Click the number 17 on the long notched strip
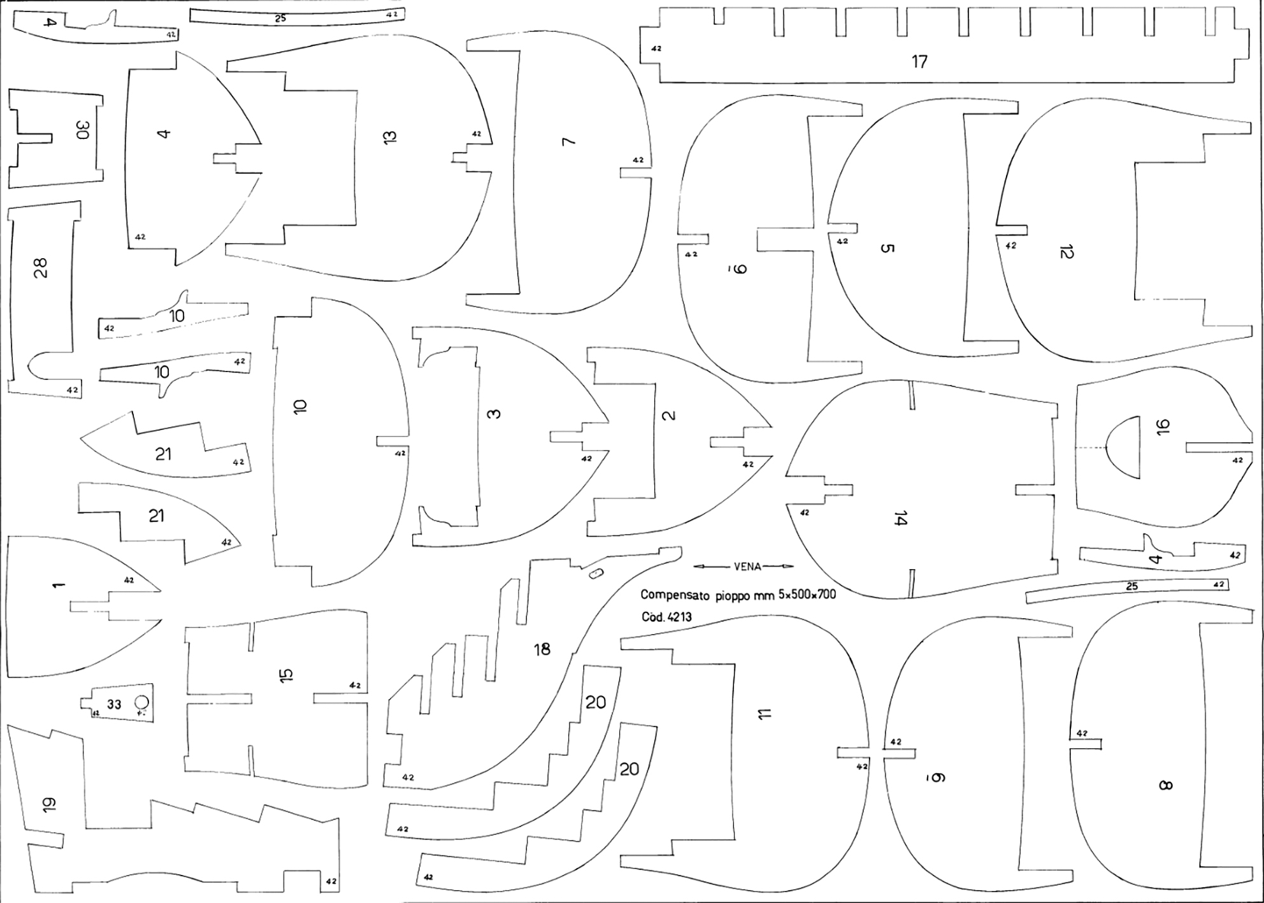click(919, 62)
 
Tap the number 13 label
click(390, 136)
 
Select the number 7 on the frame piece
click(569, 141)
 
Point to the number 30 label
click(83, 131)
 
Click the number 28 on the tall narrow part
click(41, 268)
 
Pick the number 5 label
click(887, 248)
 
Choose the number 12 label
click(1066, 252)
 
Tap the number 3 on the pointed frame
click(494, 414)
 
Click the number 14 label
click(900, 518)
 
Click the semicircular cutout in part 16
click(1124, 448)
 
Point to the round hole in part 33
click(142, 702)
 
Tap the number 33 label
click(114, 704)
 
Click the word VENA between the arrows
click(747, 567)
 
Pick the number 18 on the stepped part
click(542, 649)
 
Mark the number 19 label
click(50, 805)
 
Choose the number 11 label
click(765, 714)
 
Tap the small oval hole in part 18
click(596, 574)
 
